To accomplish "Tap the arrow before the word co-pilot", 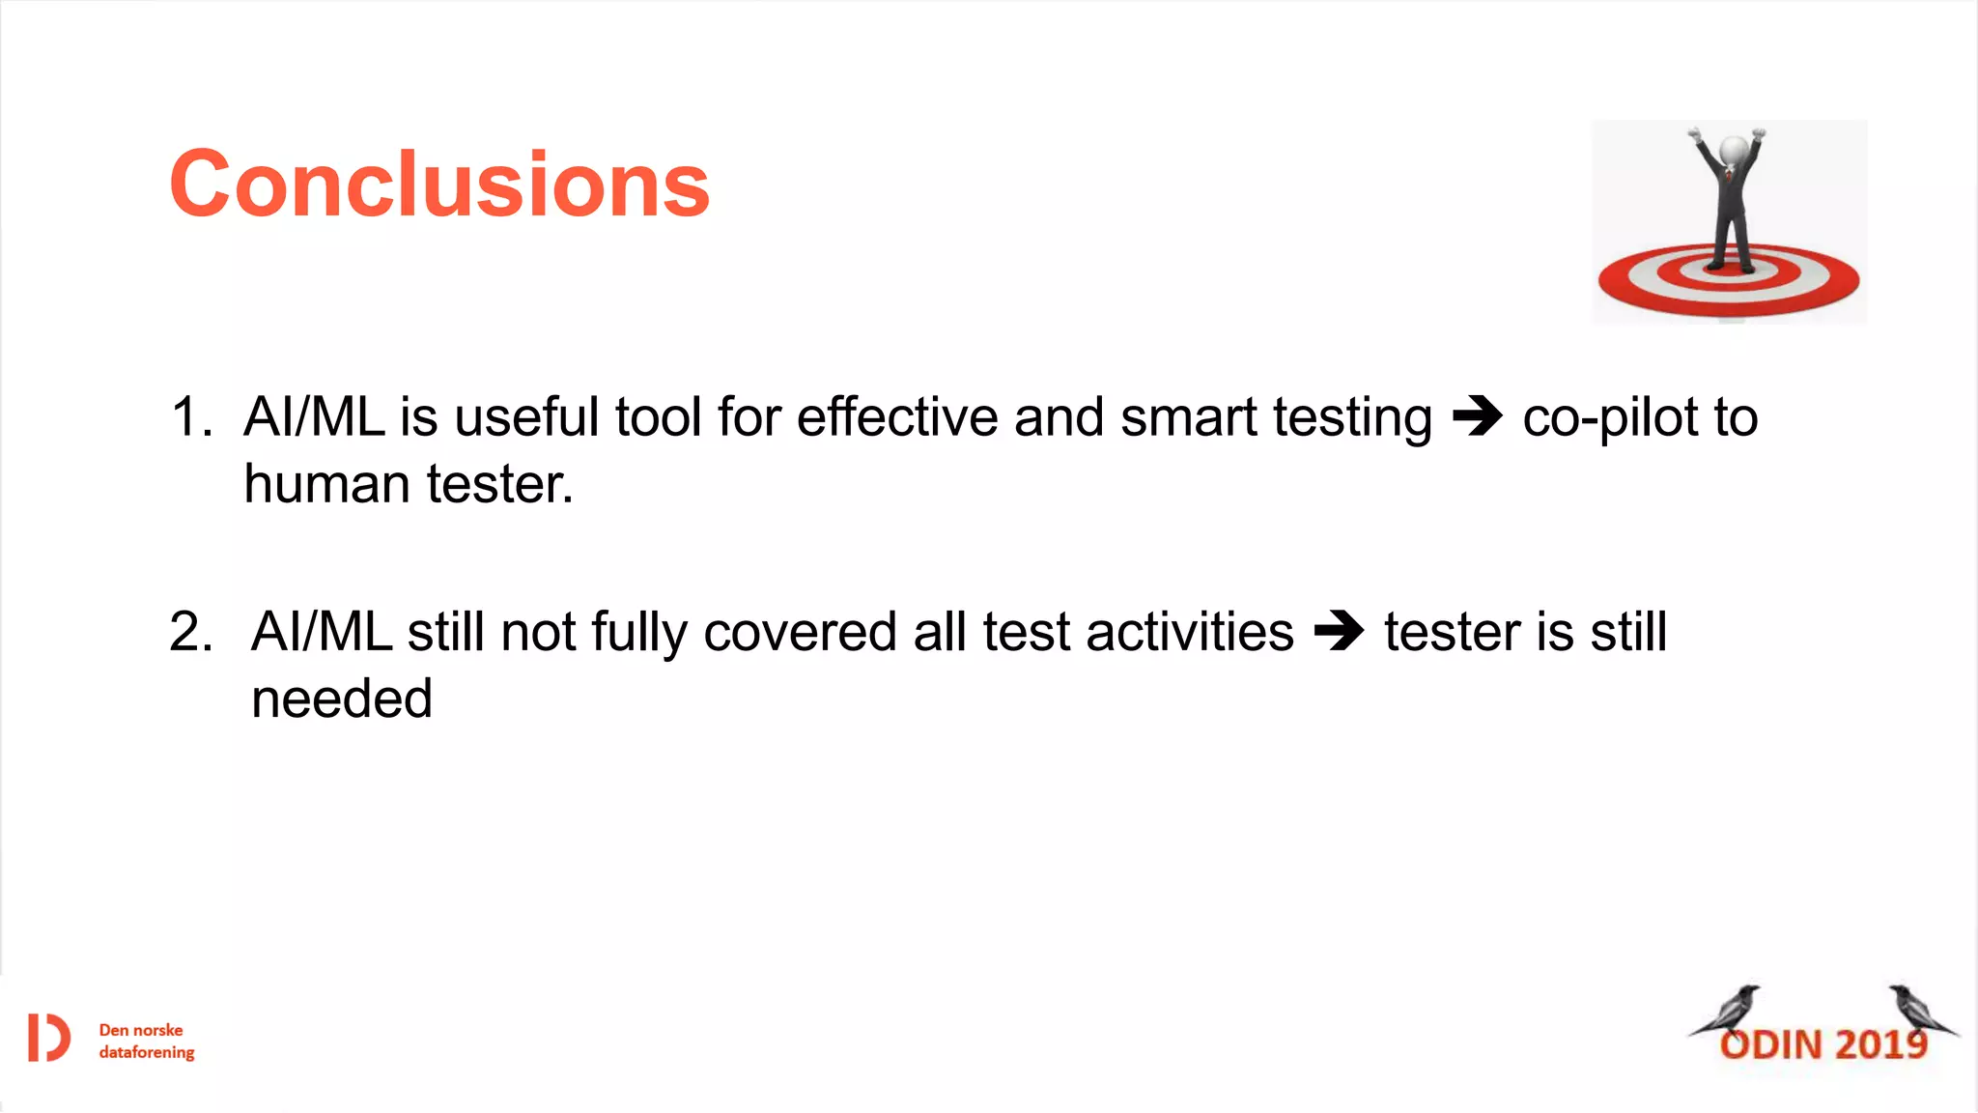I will coord(1478,416).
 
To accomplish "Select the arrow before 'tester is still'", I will coord(1339,632).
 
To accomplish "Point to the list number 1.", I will coord(190,417).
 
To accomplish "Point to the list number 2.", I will coord(190,632).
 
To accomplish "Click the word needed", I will coord(341,699).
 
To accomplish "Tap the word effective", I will coord(897,417).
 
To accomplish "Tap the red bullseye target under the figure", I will coord(1729,281).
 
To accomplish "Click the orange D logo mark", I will coord(48,1039).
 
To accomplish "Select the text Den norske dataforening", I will coord(146,1041).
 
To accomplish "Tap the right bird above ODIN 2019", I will coord(1918,1010).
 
